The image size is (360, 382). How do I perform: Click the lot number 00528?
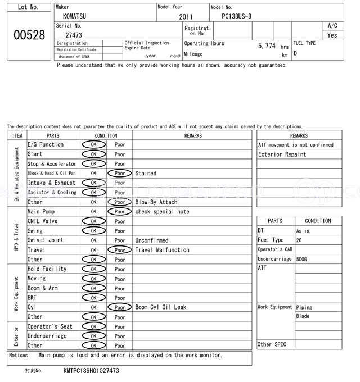click(29, 35)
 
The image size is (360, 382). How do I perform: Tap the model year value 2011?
click(186, 17)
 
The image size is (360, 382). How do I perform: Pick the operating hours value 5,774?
click(267, 46)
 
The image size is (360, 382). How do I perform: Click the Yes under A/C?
click(332, 35)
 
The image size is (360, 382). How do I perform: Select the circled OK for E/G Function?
click(93, 144)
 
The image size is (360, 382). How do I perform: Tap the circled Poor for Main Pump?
click(119, 212)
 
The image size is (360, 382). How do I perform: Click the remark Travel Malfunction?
click(162, 250)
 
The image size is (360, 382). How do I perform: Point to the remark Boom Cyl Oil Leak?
click(160, 307)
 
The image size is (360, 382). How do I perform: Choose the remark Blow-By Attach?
click(156, 202)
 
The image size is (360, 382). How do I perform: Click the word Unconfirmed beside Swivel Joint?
click(151, 240)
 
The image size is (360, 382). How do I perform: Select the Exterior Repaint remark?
click(282, 154)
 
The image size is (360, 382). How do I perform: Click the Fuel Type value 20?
click(299, 240)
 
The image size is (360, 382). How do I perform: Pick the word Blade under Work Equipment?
click(303, 316)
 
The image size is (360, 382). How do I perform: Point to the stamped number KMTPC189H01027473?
click(91, 371)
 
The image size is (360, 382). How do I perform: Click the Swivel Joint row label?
click(46, 240)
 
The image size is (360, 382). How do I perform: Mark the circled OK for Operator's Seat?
click(93, 326)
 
